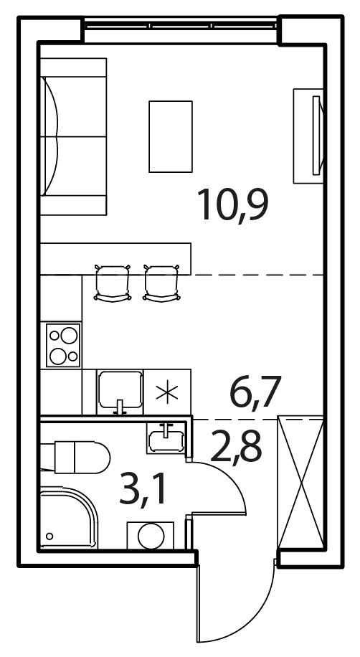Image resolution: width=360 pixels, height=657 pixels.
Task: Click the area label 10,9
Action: coord(233,205)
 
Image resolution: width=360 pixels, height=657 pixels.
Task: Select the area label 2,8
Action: coord(237,446)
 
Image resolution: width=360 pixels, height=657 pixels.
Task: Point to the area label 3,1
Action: coord(143,489)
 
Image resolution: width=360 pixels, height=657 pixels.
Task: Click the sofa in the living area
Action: coord(73,136)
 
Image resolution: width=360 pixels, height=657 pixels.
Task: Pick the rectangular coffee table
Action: coord(171,136)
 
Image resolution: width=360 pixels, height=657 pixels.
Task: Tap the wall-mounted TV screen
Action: coord(317,135)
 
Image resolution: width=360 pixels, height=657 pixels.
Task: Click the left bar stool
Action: coord(113,283)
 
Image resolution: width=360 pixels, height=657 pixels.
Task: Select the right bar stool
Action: coord(161,283)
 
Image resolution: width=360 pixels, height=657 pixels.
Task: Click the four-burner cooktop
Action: coord(63,345)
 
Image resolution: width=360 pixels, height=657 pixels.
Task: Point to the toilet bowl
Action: coord(82,457)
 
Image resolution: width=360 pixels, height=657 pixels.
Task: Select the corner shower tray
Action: coord(69,518)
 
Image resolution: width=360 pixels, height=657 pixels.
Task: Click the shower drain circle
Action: coord(49,536)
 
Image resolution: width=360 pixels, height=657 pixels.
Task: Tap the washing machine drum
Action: coord(151,536)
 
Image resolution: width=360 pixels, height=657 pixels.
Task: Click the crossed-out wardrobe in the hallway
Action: coord(301,482)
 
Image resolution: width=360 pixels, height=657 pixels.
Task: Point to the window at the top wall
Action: coord(181,25)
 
